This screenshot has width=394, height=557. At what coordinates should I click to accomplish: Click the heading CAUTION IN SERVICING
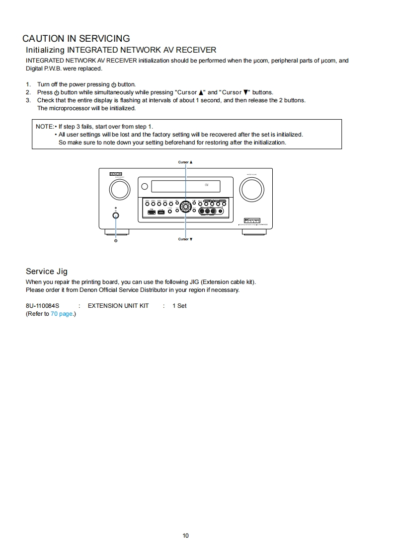pos(76,38)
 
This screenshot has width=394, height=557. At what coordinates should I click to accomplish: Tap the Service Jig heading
pos(47,271)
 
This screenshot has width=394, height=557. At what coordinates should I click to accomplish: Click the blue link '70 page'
pos(62,314)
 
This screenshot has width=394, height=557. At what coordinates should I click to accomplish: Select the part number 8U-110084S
pos(42,306)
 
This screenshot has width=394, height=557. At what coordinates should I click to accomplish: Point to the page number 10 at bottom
pos(185,535)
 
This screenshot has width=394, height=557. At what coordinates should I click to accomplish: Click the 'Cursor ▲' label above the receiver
pos(185,162)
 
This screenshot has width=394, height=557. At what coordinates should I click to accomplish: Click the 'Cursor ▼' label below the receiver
pos(185,239)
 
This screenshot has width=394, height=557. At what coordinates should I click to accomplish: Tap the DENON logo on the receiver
pos(116,174)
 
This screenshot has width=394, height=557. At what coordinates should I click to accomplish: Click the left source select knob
pos(119,189)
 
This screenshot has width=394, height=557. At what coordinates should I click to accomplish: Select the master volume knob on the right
pos(251,189)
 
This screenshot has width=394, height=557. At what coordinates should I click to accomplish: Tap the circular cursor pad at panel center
pos(185,207)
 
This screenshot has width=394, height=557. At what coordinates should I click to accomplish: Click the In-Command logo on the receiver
pos(252,220)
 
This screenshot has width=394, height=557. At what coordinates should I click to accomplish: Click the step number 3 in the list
pos(28,100)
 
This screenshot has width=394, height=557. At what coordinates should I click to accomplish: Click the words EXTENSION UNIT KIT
pos(118,306)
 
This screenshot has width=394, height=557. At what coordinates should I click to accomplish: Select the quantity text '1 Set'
pos(179,306)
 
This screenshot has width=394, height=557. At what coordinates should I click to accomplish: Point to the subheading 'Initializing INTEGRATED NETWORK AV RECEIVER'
pos(121,50)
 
